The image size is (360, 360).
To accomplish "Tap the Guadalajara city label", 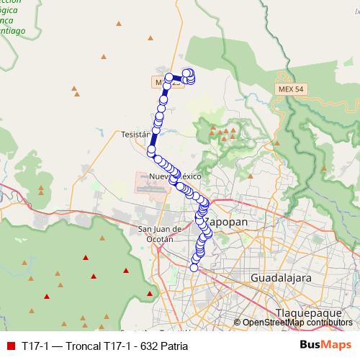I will click(279, 277).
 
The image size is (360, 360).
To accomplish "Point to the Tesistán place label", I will click(135, 135).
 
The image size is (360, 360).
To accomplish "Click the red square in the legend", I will click(10, 346).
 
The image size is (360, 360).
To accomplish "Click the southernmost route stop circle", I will click(194, 268).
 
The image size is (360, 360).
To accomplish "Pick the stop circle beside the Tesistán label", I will click(152, 150).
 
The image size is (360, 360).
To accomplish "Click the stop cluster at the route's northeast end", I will click(189, 76).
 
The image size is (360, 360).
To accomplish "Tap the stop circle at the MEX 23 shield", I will click(169, 78).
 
